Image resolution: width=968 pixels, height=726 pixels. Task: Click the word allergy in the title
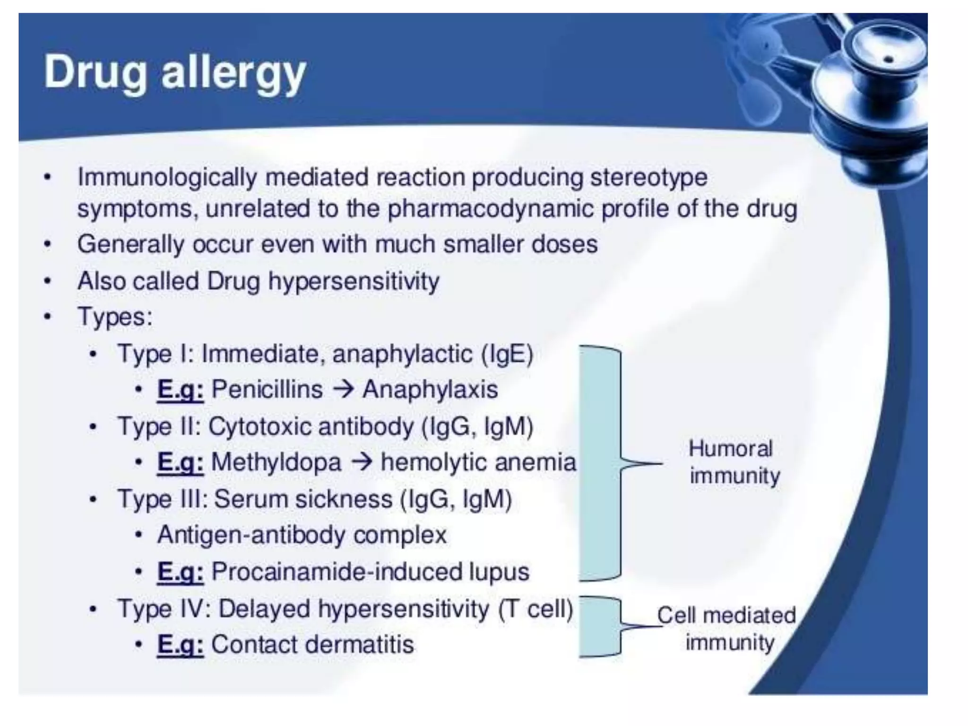[x=233, y=73]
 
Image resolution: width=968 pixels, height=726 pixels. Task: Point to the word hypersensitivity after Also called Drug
[x=354, y=281]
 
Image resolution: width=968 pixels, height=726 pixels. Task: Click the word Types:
[x=115, y=317]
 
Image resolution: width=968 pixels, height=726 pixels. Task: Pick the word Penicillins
[x=267, y=390]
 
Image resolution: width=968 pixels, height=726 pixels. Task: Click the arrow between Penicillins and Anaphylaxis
[x=343, y=390]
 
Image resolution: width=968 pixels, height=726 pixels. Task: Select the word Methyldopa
[x=276, y=462]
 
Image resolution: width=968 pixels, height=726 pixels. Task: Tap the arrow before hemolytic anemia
[x=362, y=462]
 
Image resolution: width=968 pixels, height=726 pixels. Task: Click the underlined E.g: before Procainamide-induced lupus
[x=180, y=572]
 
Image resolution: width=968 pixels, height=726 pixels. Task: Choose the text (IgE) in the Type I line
[x=507, y=354]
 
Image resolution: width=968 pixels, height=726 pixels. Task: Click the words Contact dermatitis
[x=312, y=645]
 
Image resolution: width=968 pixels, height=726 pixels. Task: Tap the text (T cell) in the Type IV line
[x=536, y=608]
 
